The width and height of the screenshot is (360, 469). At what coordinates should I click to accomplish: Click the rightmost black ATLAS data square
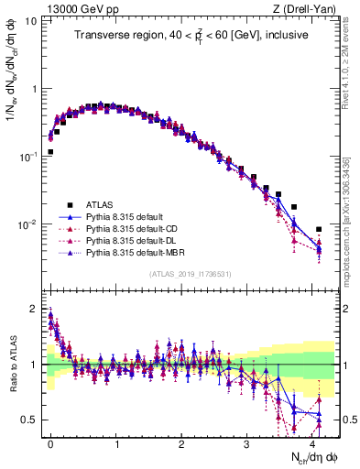pos(319,229)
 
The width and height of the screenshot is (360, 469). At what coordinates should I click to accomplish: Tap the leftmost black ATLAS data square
pos(50,152)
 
